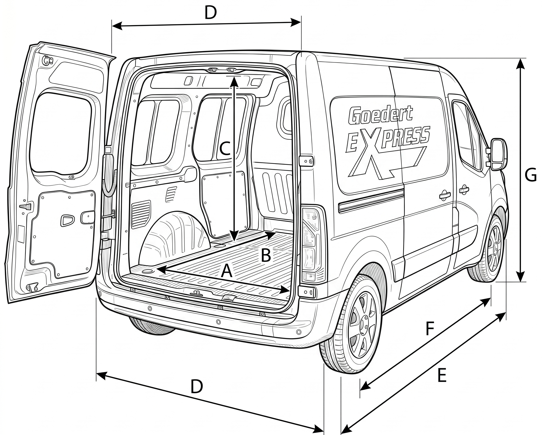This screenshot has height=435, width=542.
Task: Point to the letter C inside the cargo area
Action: [226, 149]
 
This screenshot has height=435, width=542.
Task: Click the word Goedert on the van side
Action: [380, 115]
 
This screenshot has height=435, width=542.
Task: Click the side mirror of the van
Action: [499, 154]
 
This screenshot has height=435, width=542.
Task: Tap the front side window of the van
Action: [467, 135]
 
